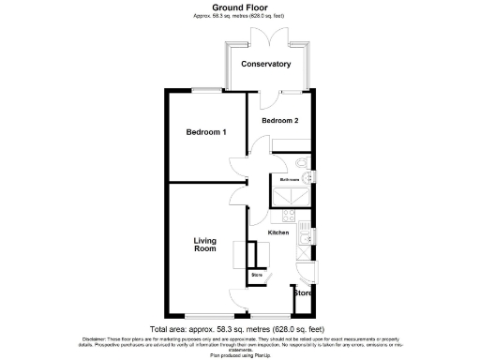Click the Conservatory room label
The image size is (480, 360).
(x=265, y=64)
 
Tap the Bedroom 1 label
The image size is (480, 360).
(x=205, y=132)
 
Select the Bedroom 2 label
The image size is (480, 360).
(x=280, y=121)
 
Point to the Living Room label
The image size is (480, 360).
(x=205, y=245)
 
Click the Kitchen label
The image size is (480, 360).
(x=278, y=232)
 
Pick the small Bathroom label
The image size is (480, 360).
(x=288, y=178)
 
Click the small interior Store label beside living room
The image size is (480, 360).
(x=257, y=275)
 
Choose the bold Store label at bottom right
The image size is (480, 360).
(x=302, y=293)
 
